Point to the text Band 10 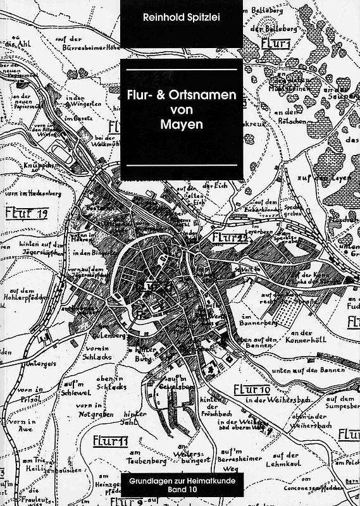coord(181,492)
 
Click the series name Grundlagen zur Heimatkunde coord(181,483)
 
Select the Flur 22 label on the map coord(230,237)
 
